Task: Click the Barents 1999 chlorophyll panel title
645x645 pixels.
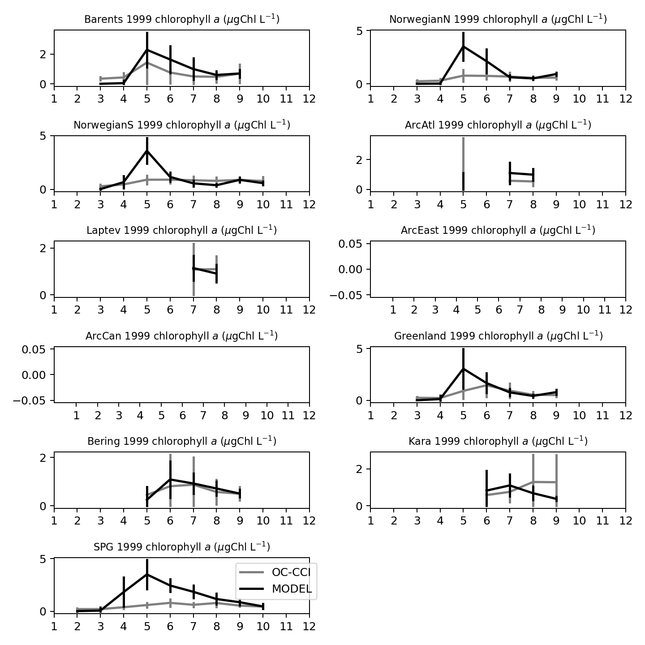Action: (182, 19)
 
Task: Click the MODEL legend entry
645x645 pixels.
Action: (292, 589)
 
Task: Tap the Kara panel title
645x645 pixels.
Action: (498, 441)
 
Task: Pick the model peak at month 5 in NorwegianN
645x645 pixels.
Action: (464, 46)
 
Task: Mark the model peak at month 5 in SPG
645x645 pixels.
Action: (147, 574)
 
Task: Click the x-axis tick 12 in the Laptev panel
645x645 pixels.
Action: (309, 310)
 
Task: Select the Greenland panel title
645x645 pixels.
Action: (498, 336)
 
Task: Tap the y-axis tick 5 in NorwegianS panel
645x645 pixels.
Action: (43, 136)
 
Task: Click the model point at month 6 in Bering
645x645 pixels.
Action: (170, 479)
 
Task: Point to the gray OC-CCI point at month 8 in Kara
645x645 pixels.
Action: (533, 482)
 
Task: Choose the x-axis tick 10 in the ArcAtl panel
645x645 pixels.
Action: (580, 204)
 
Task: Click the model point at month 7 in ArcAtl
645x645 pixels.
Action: (510, 173)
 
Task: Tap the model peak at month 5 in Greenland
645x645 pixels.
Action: (464, 369)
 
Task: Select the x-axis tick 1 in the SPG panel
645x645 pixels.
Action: (54, 626)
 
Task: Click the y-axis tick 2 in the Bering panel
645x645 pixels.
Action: (43, 458)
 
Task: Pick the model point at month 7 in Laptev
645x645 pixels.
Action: (193, 268)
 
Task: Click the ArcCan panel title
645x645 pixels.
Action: (181, 336)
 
